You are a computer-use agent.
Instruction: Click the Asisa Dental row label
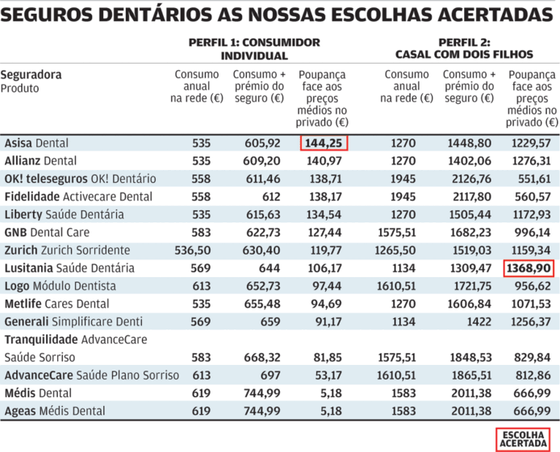36,143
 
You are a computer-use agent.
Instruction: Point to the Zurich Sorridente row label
67,251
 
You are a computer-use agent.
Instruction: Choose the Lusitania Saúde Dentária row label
69,268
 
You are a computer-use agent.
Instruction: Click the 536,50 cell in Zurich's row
190,251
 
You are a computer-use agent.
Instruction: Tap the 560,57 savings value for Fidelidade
533,197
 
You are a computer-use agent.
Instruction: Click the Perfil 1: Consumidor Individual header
253,49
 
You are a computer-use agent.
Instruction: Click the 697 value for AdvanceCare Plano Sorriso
270,375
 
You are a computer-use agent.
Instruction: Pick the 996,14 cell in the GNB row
533,233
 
